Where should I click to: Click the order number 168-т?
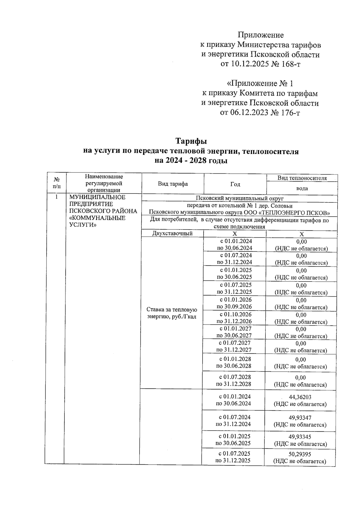click(x=289, y=64)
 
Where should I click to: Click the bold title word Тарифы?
click(x=191, y=141)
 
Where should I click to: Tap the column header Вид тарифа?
click(x=173, y=184)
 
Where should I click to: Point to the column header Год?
click(x=235, y=184)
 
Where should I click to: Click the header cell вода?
click(x=302, y=188)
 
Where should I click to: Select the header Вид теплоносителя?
click(x=302, y=178)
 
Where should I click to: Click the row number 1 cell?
click(x=56, y=197)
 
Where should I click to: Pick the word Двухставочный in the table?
click(x=172, y=234)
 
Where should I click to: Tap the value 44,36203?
click(x=300, y=397)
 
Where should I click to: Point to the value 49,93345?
click(x=300, y=437)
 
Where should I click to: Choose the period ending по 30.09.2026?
click(x=234, y=307)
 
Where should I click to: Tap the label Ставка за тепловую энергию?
click(x=172, y=313)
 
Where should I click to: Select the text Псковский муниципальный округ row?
click(x=239, y=198)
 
